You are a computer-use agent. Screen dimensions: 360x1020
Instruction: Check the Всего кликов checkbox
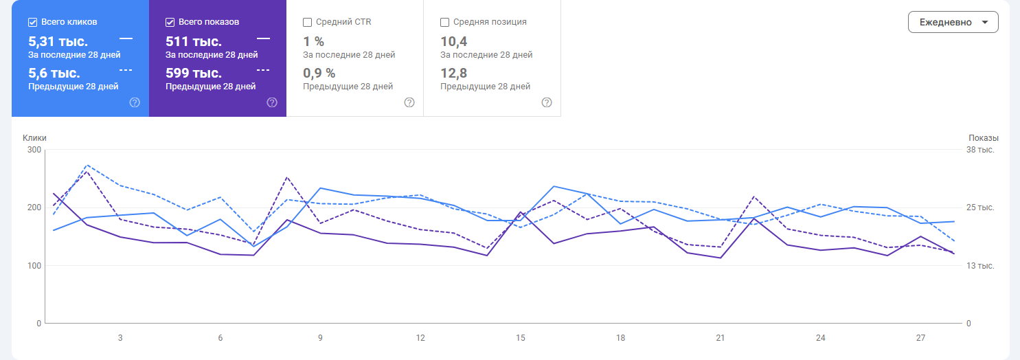[33, 22]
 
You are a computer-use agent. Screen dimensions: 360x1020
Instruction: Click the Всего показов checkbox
[170, 22]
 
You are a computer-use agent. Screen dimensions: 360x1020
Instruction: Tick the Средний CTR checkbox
[308, 22]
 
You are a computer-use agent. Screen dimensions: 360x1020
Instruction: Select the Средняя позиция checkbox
[445, 22]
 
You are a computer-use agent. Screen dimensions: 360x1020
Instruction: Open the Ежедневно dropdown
[953, 22]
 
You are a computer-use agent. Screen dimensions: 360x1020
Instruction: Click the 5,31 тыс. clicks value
[58, 41]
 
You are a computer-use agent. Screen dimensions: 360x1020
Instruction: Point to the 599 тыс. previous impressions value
[194, 73]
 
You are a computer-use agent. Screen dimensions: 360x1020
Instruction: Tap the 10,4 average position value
[454, 41]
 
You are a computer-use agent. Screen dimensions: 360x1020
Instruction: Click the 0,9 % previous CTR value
[319, 73]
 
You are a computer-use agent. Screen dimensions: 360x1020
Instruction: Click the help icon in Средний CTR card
[409, 102]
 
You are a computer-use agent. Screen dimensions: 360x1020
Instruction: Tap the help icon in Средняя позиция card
[547, 102]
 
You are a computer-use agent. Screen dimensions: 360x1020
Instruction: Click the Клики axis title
[34, 138]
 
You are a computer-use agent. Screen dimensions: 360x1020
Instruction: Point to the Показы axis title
[984, 138]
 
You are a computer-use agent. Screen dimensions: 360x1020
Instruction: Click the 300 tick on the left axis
[34, 150]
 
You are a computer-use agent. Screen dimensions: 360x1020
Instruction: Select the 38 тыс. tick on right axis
[980, 150]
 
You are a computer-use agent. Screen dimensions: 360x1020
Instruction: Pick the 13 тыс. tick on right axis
[980, 266]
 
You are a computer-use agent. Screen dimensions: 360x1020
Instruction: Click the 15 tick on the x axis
[521, 338]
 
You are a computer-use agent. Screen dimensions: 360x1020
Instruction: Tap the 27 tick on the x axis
[921, 338]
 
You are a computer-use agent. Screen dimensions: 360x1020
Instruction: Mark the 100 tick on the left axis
[34, 266]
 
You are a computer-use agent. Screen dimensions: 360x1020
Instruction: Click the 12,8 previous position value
[454, 73]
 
